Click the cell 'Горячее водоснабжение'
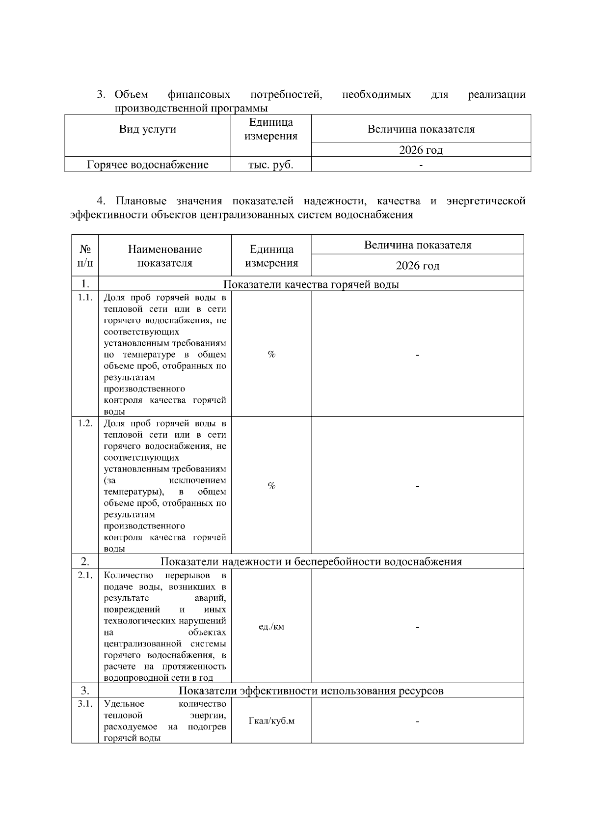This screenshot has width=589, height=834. coord(147,165)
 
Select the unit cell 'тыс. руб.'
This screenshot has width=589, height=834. coord(271,165)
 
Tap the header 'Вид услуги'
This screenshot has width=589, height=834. coord(147,130)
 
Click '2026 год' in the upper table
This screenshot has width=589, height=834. coord(421,150)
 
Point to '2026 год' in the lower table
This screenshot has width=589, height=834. coord(418,266)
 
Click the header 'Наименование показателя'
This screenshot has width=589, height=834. coord(165,256)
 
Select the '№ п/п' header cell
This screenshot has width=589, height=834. coord(85,256)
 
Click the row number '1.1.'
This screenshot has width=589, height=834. coord(85,298)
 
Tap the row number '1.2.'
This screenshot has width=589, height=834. coord(85,423)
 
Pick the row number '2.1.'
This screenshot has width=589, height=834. coord(85,575)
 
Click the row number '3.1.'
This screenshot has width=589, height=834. coord(85,704)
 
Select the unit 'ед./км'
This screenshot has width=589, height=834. coord(271,627)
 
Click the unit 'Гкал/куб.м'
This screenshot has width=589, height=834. coord(271,721)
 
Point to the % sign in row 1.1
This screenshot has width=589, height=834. coord(271,355)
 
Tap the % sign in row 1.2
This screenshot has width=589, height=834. coord(271,486)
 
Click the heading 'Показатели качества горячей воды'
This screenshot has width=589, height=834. coord(311,284)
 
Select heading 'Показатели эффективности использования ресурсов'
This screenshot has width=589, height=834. coord(311,691)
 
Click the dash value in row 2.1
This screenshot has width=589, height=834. coord(418,627)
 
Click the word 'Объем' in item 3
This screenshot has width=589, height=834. coord(131,94)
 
